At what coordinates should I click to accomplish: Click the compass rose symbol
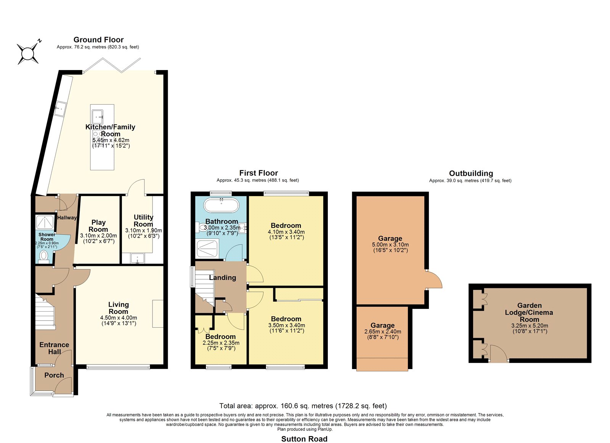tap(28, 53)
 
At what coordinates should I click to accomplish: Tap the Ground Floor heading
tap(99, 40)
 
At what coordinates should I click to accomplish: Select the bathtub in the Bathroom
tap(222, 205)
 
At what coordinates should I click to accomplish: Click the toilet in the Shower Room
tap(43, 257)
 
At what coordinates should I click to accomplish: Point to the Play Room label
tap(98, 226)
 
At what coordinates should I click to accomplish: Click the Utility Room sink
tap(138, 258)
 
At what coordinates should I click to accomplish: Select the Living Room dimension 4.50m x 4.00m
tap(119, 318)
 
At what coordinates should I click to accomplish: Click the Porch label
tap(54, 375)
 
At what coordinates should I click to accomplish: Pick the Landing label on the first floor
tap(223, 278)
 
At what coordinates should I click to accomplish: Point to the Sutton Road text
tap(304, 439)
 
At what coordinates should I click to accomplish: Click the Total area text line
tap(303, 406)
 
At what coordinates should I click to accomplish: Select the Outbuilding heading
tap(471, 173)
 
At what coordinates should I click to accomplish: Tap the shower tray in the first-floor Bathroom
tap(207, 248)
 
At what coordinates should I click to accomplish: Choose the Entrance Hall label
tap(55, 348)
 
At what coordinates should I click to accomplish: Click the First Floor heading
tap(258, 173)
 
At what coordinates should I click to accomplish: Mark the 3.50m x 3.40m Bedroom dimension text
tap(287, 325)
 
